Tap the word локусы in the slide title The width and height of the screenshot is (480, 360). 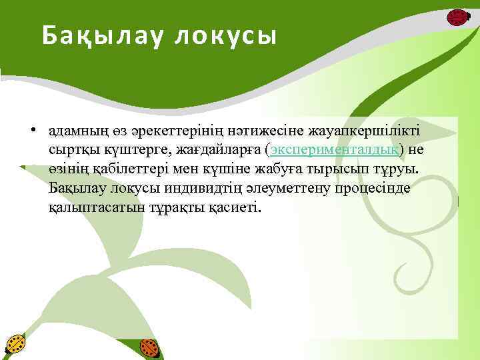[x=225, y=35]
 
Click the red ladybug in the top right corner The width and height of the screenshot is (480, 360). [x=457, y=17]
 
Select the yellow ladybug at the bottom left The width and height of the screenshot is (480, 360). [x=14, y=345]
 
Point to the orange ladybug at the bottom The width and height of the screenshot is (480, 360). [x=149, y=348]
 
